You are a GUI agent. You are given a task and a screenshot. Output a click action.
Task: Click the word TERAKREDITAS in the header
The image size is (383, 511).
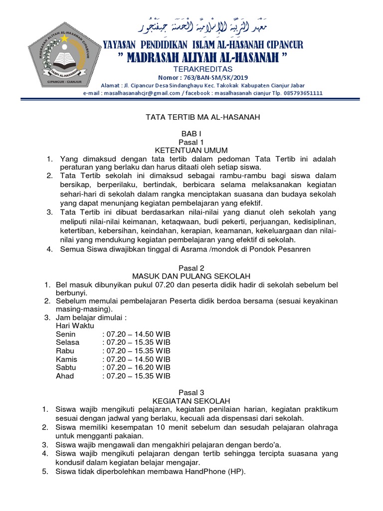pyautogui.click(x=202, y=68)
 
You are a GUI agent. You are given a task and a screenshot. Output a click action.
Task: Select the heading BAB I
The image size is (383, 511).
pyautogui.click(x=191, y=134)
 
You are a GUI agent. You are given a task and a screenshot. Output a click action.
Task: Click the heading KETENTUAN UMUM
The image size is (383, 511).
pyautogui.click(x=191, y=150)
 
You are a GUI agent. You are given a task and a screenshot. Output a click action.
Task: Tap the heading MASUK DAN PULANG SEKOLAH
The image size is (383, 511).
pyautogui.click(x=191, y=276)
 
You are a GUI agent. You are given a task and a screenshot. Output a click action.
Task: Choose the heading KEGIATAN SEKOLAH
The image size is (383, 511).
pyautogui.click(x=191, y=401)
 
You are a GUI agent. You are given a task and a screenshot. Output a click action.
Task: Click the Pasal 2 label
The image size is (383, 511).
pyautogui.click(x=191, y=268)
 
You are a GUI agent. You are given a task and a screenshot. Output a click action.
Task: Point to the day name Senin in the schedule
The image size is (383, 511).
pyautogui.click(x=66, y=334)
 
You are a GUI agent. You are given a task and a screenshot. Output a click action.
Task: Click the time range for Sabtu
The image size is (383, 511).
pyautogui.click(x=138, y=367)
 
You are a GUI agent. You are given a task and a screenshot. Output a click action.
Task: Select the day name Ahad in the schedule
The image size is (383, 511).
pyautogui.click(x=65, y=376)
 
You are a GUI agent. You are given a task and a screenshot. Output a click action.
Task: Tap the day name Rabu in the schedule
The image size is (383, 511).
pyautogui.click(x=65, y=351)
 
